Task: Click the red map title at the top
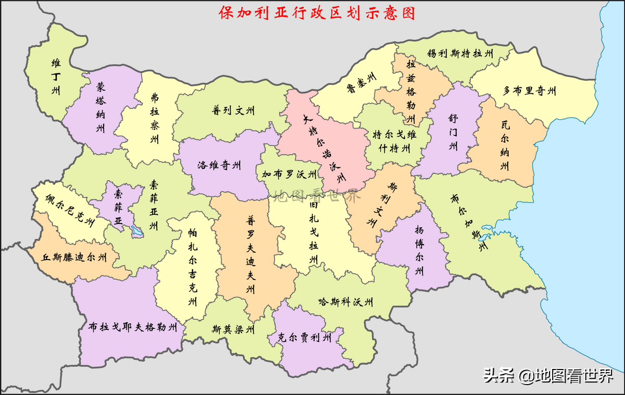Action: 317,13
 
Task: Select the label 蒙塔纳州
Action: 101,107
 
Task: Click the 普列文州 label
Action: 233,110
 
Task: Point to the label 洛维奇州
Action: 219,166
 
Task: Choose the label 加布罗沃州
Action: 289,174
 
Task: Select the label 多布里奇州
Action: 529,91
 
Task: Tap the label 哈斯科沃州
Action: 346,302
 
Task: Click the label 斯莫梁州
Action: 233,329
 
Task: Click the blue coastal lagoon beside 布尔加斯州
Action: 490,229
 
